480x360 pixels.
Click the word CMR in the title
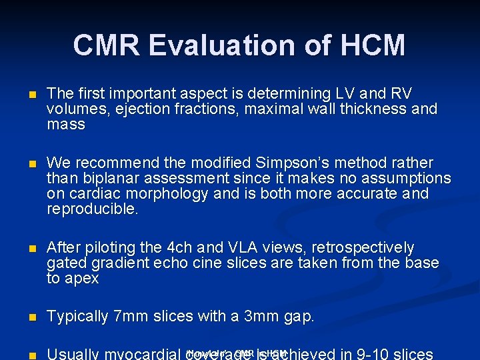tap(107, 46)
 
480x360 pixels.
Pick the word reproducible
tap(93, 209)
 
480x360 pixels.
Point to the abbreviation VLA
tap(255, 248)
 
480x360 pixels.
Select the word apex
tap(81, 279)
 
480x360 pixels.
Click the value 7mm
tap(128, 317)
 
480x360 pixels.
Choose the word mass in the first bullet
tap(66, 125)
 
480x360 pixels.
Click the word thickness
tap(378, 109)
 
